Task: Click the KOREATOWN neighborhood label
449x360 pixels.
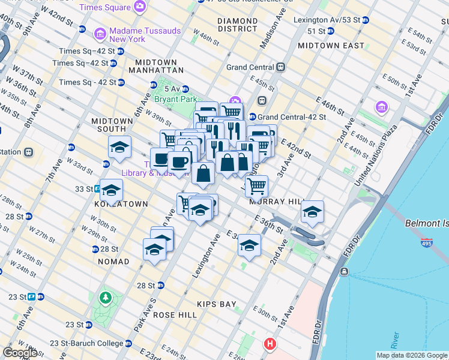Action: pyautogui.click(x=121, y=204)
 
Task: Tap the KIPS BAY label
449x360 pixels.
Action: pyautogui.click(x=218, y=304)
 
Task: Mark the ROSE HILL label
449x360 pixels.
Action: pyautogui.click(x=175, y=314)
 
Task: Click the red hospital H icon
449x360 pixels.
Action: pyautogui.click(x=270, y=344)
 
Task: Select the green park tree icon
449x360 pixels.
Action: pyautogui.click(x=106, y=297)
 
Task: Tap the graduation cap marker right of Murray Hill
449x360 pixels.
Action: pyautogui.click(x=312, y=211)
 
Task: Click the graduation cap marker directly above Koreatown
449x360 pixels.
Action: pyautogui.click(x=111, y=190)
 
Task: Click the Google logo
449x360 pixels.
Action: pyautogui.click(x=20, y=353)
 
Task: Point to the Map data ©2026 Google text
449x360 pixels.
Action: pyautogui.click(x=411, y=355)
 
